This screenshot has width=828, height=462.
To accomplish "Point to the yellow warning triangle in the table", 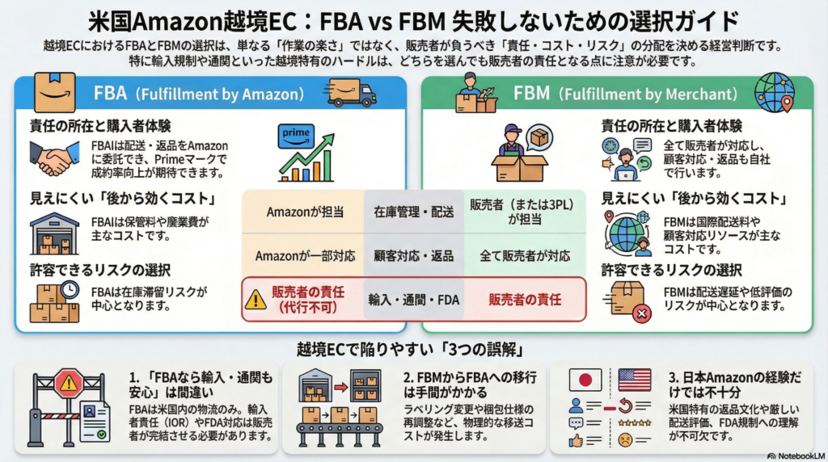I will (256, 300).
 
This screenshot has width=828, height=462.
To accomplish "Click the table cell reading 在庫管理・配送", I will (413, 212).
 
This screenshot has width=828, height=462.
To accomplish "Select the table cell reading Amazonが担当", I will (304, 212).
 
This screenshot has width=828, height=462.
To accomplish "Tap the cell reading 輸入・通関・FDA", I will (413, 300).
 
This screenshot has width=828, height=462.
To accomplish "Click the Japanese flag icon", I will (585, 380).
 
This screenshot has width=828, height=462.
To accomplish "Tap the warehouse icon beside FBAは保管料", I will (53, 234).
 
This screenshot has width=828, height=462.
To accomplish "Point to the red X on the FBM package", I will (642, 313).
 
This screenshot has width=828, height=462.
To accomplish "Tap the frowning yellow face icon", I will (624, 441).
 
